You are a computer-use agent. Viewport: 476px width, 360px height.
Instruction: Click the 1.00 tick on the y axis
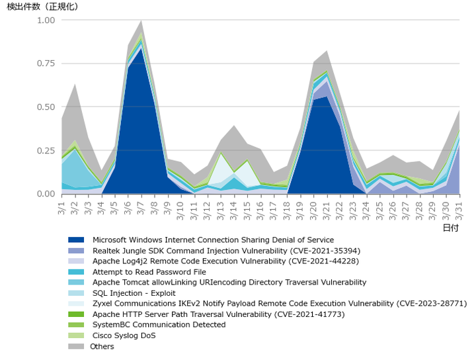coord(46,21)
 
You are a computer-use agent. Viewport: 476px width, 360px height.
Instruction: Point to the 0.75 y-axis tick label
coord(46,64)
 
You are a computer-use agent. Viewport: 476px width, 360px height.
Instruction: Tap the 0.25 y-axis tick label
coord(46,150)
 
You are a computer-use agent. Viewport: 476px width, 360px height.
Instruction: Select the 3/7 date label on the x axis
coord(141,208)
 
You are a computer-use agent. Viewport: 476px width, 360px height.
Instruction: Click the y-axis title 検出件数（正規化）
coord(42,7)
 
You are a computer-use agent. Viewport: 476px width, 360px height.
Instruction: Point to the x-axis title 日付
coord(451,228)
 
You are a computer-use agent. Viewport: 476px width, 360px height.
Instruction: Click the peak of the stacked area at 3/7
coord(141,21)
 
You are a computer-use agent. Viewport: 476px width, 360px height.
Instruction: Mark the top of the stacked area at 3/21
coord(327,51)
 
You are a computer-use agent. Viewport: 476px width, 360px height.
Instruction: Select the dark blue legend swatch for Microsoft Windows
coord(76,240)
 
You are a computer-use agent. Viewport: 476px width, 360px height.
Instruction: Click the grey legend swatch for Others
coord(76,346)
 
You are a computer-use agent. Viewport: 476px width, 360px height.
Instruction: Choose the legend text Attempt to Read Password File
coord(149,272)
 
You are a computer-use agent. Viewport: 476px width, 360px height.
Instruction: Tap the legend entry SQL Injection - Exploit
coord(134,293)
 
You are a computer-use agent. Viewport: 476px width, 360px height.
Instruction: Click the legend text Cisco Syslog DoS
coord(124,336)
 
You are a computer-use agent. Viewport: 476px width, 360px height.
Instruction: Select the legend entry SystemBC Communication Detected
coord(159,325)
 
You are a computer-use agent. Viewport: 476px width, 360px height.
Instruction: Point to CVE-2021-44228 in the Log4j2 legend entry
coord(323,261)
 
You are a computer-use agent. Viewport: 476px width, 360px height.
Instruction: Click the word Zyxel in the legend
coord(102,304)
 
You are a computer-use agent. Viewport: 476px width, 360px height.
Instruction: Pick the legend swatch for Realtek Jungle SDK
coord(76,251)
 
